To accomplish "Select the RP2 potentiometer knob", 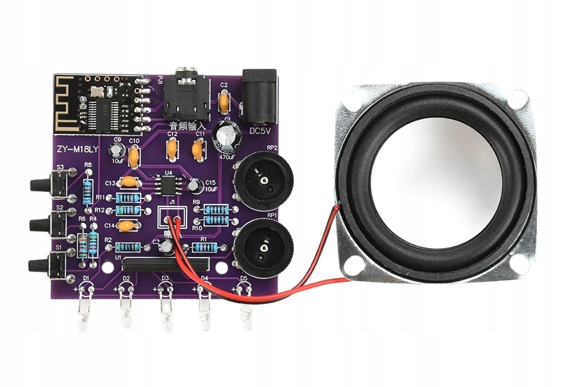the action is point(264,181).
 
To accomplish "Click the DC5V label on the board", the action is point(261,131).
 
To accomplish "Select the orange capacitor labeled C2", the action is point(224,103).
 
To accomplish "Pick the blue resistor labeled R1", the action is point(205,248).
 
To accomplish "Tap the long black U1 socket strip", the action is point(164,264).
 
